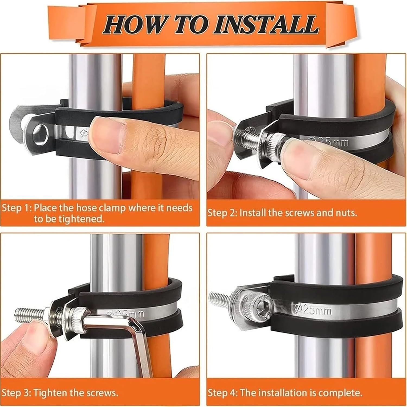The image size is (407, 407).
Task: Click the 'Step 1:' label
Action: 17,208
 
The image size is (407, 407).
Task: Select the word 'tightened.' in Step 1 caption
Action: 69,219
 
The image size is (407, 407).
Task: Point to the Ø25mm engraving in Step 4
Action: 313,310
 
